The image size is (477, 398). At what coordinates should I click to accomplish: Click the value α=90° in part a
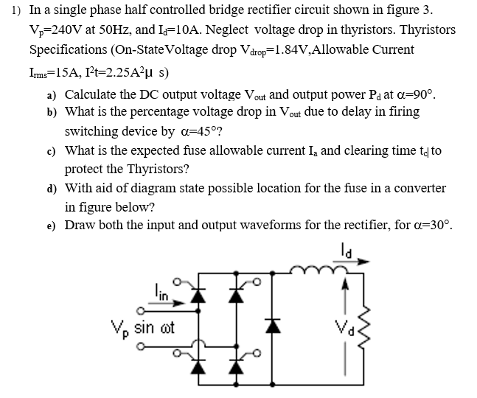coord(416,95)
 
